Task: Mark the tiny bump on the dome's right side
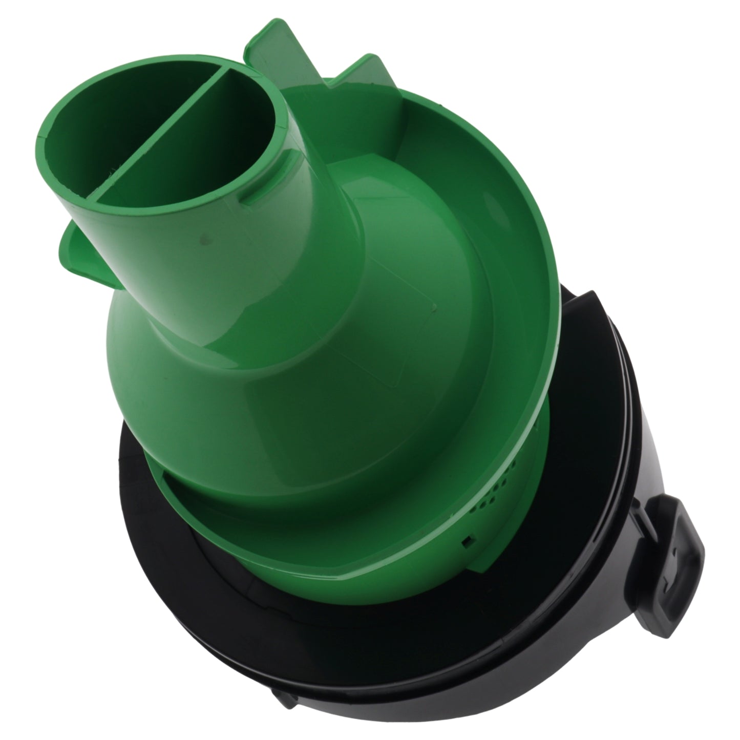[x=434, y=307]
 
